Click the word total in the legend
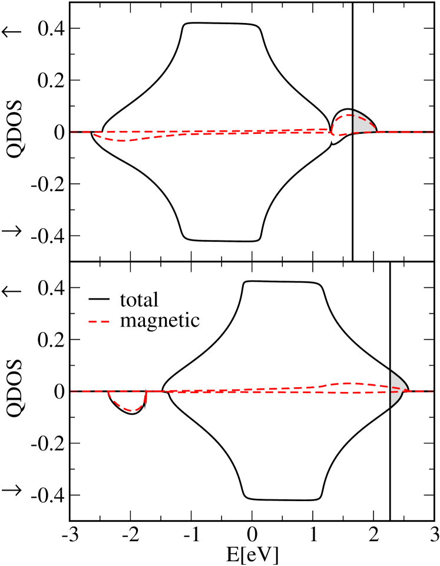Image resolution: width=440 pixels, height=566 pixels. (x=139, y=300)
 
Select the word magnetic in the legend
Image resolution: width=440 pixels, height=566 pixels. (x=160, y=321)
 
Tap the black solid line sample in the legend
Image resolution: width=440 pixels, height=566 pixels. (x=99, y=300)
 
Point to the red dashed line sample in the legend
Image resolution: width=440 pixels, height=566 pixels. (x=99, y=321)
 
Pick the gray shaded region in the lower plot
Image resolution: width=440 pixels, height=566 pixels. (x=397, y=389)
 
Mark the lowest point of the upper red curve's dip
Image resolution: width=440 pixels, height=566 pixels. (x=120, y=141)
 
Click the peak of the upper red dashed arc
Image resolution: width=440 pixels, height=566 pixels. (x=348, y=115)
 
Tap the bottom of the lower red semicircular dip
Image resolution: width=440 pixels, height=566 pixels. (x=132, y=410)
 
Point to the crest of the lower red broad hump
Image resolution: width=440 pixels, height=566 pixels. (x=349, y=383)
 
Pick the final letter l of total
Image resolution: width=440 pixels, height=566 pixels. (x=156, y=300)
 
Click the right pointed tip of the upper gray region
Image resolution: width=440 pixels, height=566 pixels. (x=376, y=130)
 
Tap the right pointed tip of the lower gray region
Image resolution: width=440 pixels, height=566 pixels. (x=408, y=389)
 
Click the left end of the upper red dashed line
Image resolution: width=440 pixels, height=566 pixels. (x=72, y=132)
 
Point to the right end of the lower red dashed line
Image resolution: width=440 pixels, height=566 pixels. (x=432, y=391)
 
